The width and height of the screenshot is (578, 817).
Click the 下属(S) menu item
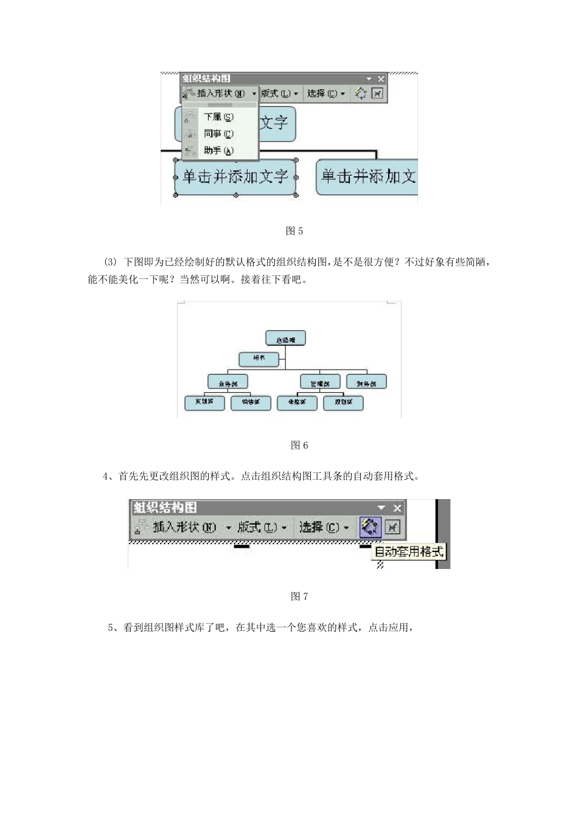point(218,117)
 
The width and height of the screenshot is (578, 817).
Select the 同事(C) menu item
point(218,134)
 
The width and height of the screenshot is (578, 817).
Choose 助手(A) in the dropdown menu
point(218,151)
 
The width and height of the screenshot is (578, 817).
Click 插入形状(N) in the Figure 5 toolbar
point(220,94)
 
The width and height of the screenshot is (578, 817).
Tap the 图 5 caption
point(294,231)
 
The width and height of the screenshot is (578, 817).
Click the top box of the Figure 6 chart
point(285,339)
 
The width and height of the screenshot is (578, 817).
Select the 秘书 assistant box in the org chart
point(259,359)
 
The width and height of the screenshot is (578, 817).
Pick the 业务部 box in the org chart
point(228,383)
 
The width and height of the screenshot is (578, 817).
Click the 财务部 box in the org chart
point(366,383)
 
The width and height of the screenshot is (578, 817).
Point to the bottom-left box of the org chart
point(204,402)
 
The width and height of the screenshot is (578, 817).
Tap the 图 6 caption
point(299,446)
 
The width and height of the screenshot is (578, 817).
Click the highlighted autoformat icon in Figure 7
point(369,527)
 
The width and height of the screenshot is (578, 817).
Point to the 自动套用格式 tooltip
point(409,552)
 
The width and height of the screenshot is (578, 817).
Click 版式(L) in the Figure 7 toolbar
point(261,527)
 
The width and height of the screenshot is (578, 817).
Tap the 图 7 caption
point(299,596)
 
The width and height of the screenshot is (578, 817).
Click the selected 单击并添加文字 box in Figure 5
point(235,177)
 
